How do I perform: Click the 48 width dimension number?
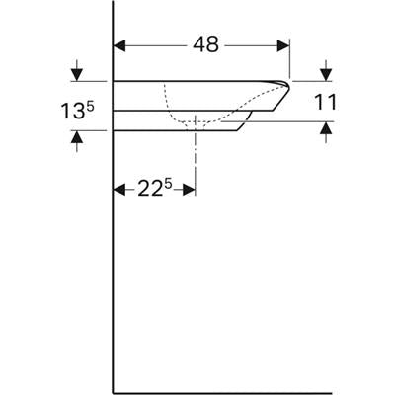coord(205,44)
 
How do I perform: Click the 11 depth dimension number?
coord(325,102)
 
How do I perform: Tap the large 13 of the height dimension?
coord(73,111)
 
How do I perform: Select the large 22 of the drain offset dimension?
coord(150,189)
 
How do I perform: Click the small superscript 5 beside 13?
coord(91,106)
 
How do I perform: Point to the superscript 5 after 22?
coord(168,184)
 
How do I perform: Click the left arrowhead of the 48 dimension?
coord(119,46)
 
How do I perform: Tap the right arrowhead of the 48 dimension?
coord(283,46)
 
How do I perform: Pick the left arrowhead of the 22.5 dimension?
coord(119,190)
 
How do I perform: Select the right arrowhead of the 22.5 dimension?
coord(190,190)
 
